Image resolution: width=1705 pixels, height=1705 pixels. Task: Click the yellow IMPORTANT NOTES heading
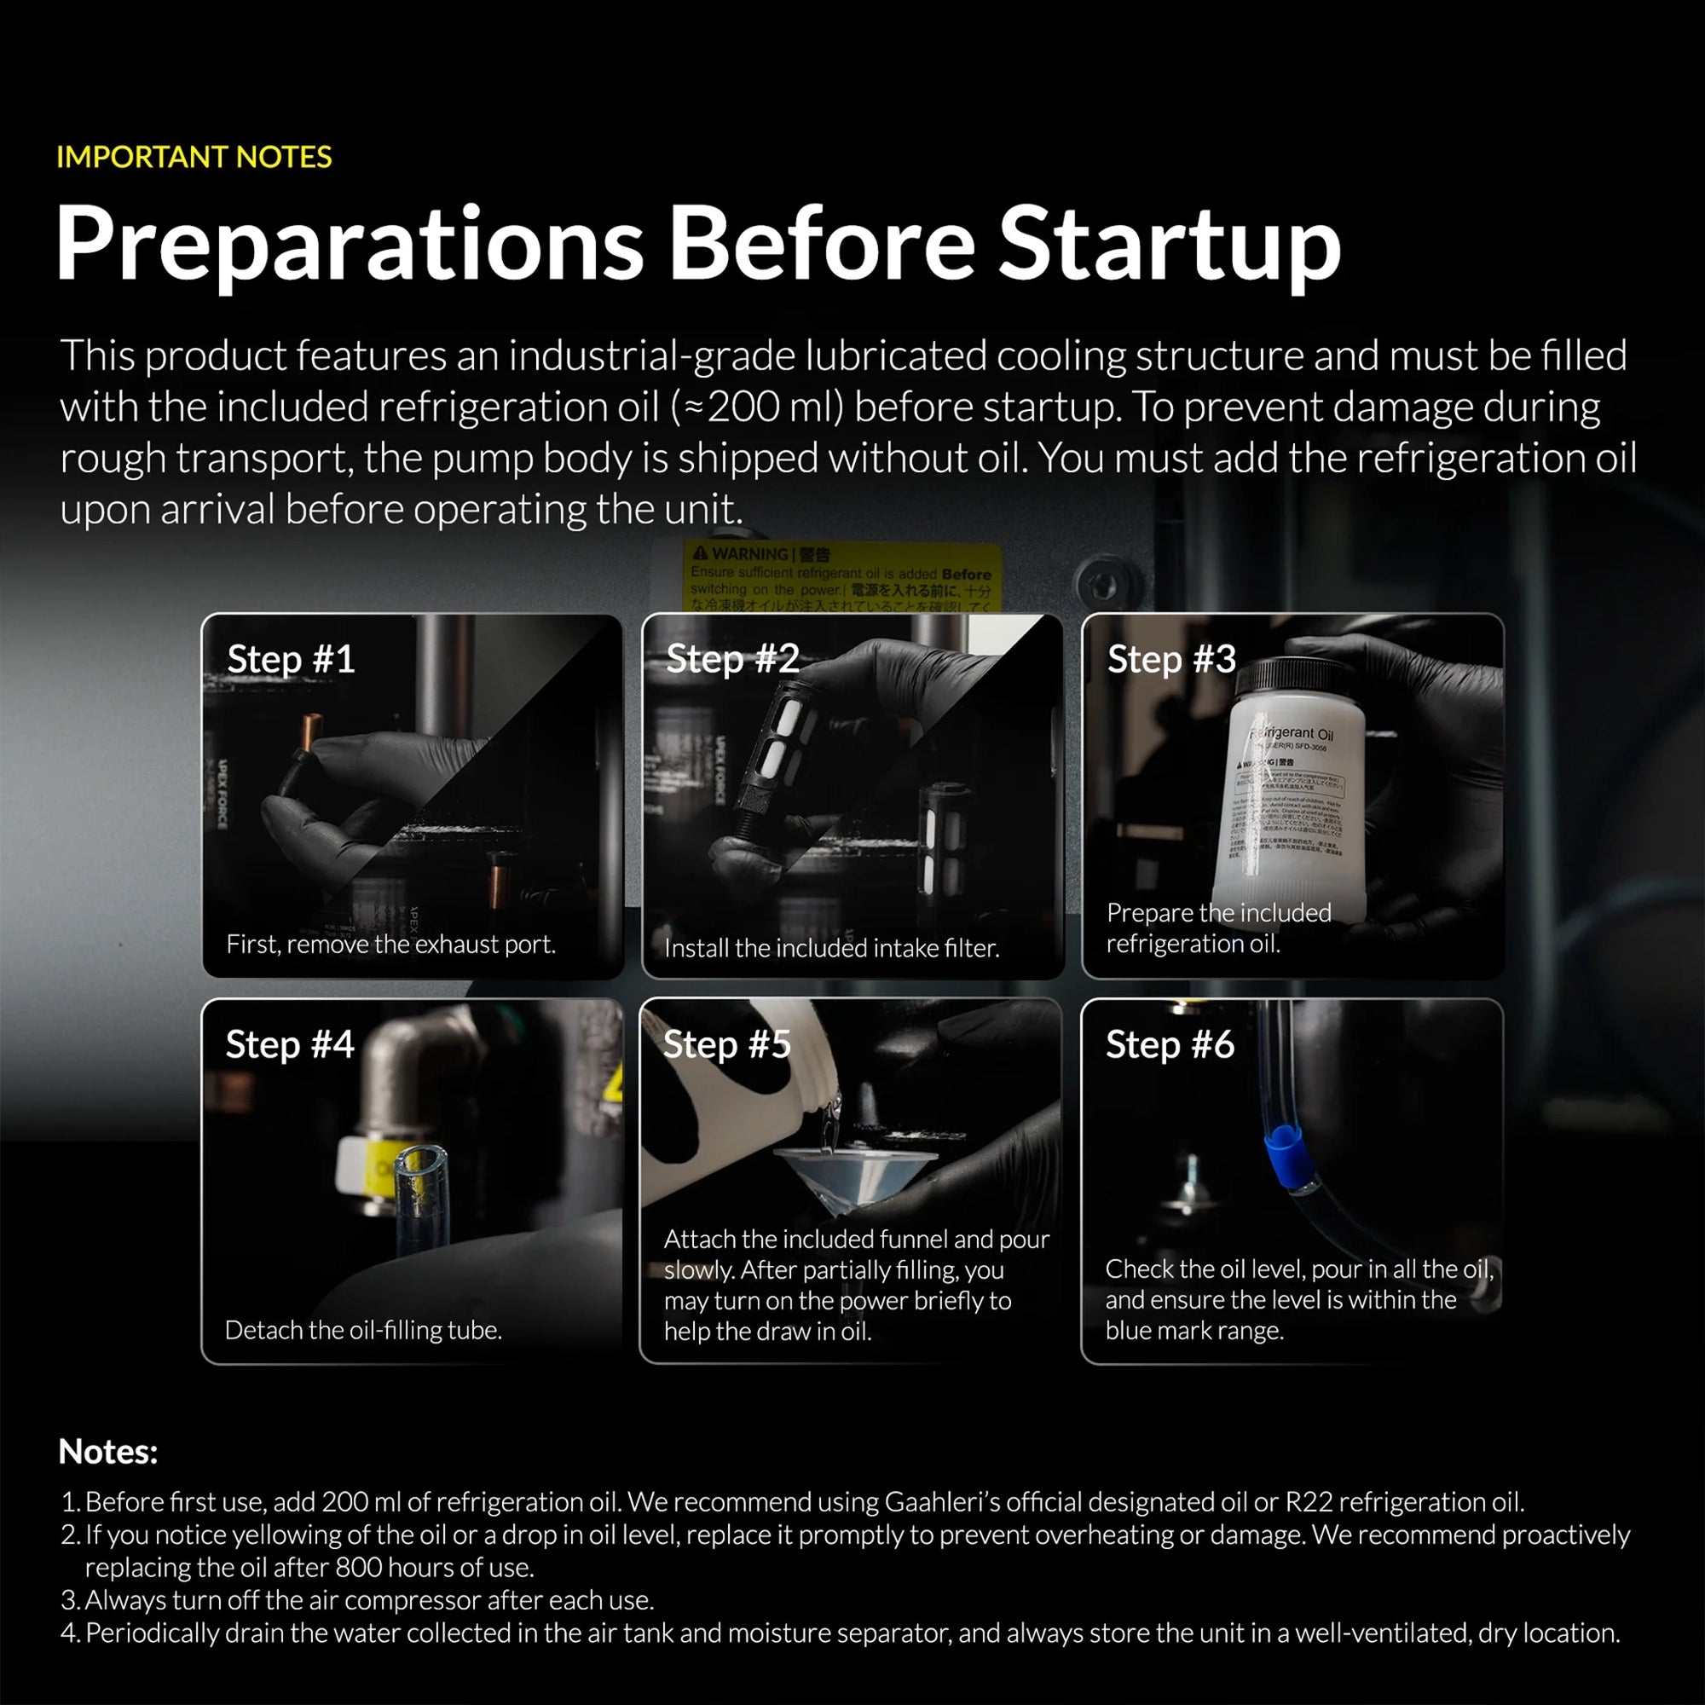(194, 157)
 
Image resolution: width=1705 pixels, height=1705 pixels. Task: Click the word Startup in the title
(1169, 243)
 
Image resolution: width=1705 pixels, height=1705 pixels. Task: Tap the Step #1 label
(291, 659)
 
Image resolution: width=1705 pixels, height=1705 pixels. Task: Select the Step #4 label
(290, 1045)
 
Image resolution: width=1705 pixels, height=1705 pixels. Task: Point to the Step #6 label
(1170, 1045)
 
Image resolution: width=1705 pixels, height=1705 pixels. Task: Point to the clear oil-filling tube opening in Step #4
(420, 1159)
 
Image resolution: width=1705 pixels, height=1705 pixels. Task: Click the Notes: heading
(107, 1452)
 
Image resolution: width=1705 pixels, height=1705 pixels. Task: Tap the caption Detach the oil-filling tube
(362, 1330)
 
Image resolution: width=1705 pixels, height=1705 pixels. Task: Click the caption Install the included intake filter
(831, 948)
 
